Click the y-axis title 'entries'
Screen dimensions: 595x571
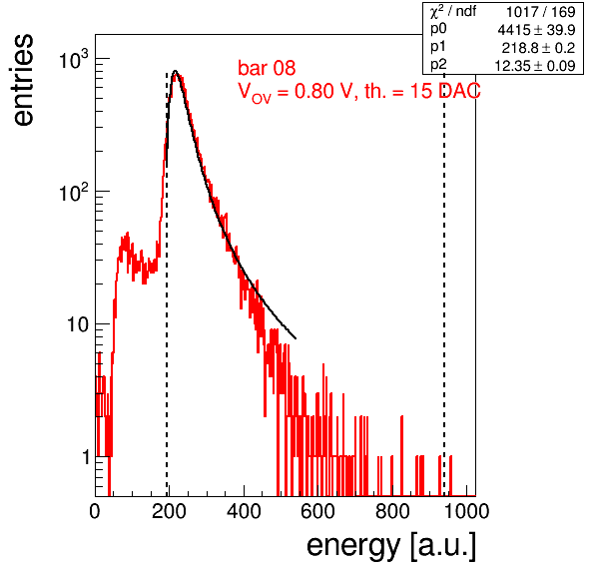(24, 80)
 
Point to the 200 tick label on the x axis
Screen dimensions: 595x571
(169, 511)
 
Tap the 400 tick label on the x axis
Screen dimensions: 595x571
(244, 511)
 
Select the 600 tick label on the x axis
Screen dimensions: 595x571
(318, 511)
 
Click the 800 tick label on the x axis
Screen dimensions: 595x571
(392, 511)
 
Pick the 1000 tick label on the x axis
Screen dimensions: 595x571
(466, 511)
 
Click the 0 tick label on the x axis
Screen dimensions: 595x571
(95, 511)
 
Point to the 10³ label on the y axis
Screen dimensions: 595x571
(74, 59)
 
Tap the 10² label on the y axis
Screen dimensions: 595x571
(74, 192)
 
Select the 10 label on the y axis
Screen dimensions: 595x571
(78, 325)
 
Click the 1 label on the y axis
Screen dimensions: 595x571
(86, 458)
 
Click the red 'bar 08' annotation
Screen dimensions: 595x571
(267, 68)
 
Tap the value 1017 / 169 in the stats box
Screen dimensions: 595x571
(541, 12)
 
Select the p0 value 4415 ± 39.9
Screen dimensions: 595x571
(536, 30)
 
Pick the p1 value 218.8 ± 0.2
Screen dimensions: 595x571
(538, 48)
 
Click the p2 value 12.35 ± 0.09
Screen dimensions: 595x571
(535, 66)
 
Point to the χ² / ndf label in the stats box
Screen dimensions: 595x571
(453, 11)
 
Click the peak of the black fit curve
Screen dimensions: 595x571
(175, 71)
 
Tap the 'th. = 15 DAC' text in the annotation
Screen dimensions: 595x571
(422, 91)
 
